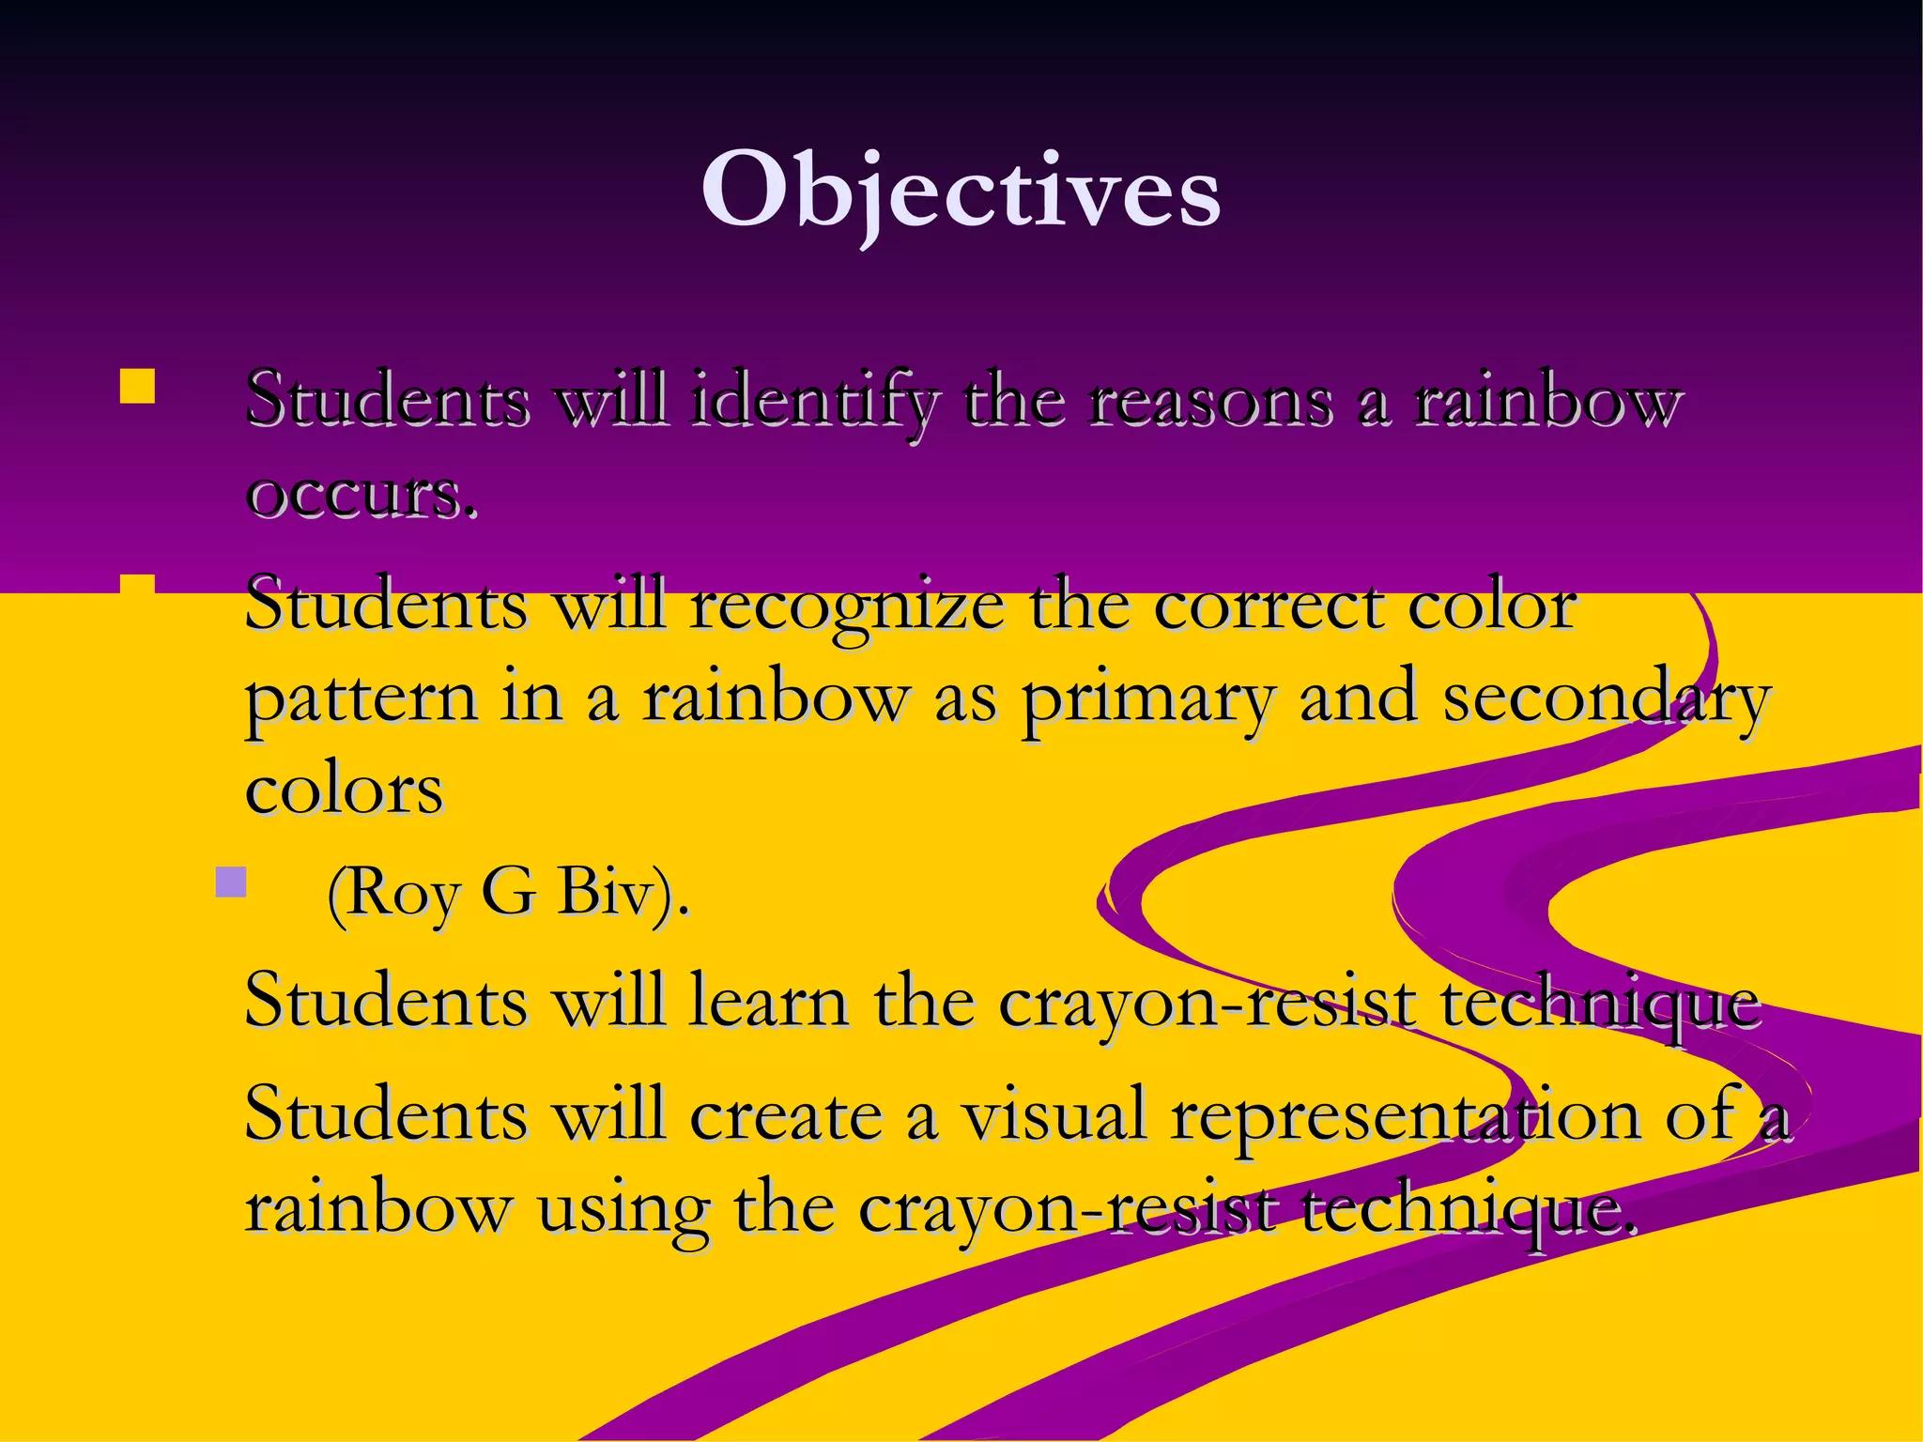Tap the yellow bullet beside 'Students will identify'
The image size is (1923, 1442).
tap(137, 386)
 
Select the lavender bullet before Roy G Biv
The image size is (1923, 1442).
tap(230, 882)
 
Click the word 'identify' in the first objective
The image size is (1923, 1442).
tap(813, 401)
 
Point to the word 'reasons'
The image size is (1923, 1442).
tap(1210, 401)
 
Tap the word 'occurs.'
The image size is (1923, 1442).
tap(362, 494)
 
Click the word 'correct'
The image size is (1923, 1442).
tap(1267, 606)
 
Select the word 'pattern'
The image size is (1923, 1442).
tap(362, 698)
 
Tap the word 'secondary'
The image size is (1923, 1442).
tap(1607, 698)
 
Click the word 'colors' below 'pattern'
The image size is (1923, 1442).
tap(344, 790)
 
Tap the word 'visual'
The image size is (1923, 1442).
tap(1055, 1114)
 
